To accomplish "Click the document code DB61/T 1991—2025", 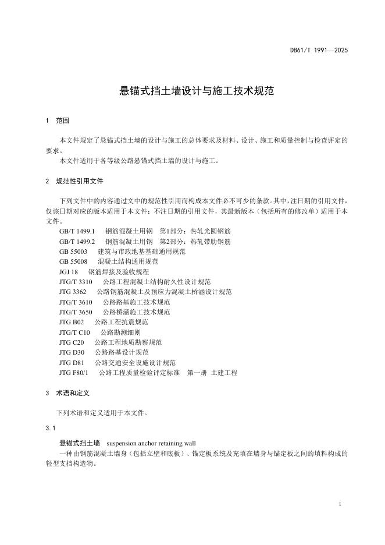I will [x=319, y=51].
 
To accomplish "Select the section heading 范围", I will [x=62, y=121].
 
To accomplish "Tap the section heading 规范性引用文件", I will [x=80, y=181].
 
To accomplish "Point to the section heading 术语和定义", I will [x=73, y=394].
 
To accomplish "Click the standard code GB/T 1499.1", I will [x=77, y=231].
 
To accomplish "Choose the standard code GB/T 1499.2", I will [x=77, y=241].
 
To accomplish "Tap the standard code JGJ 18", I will [x=68, y=272].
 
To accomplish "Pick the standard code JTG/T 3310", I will [x=76, y=282].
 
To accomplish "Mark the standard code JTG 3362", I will [x=73, y=292].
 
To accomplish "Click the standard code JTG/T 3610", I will [x=76, y=302].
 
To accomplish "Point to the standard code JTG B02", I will [x=72, y=322].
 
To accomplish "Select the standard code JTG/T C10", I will [x=74, y=332].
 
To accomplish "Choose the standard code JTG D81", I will [x=72, y=362].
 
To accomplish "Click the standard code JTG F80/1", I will [x=73, y=373].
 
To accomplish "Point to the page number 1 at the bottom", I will [x=339, y=503].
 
